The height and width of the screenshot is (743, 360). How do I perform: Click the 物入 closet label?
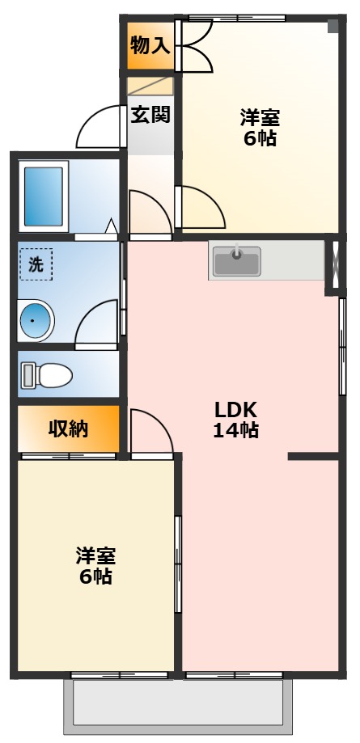[x=150, y=45]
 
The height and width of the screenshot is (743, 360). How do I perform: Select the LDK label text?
[x=235, y=408]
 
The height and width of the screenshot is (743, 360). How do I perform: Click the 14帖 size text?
[x=235, y=431]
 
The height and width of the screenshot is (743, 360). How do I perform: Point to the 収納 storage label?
[x=68, y=429]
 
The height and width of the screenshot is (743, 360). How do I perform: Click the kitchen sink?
[x=236, y=260]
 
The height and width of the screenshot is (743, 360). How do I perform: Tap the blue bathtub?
[x=44, y=196]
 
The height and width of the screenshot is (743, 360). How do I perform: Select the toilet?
[x=47, y=375]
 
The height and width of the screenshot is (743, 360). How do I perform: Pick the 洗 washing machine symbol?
[x=36, y=264]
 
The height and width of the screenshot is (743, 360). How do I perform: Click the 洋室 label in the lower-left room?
[x=95, y=555]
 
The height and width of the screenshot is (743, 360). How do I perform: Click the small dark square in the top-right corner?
[x=332, y=26]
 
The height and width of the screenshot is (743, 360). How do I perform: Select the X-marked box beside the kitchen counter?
[x=332, y=264]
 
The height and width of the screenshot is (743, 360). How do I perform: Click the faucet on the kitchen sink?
[x=236, y=253]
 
